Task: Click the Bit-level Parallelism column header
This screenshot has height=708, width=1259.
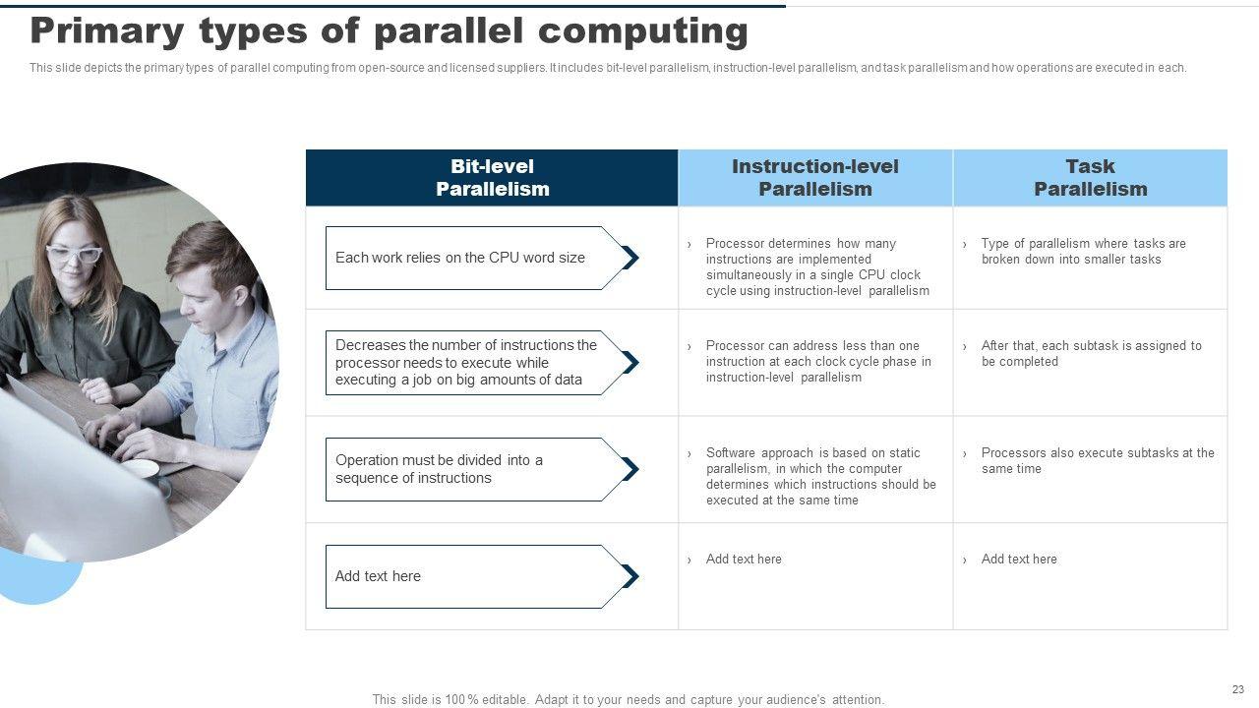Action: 492,178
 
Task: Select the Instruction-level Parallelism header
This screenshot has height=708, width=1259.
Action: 815,178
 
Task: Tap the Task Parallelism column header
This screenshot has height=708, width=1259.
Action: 1091,178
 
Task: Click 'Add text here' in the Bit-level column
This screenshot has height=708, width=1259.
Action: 378,576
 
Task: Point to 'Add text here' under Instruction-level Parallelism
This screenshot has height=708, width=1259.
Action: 744,560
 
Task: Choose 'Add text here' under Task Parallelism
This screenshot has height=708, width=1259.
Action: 1019,560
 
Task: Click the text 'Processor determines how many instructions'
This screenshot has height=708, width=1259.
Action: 817,266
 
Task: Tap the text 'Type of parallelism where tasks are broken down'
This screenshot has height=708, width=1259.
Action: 1083,251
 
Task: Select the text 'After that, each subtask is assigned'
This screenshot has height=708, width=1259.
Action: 1091,353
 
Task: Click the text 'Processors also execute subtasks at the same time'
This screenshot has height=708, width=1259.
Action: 1098,461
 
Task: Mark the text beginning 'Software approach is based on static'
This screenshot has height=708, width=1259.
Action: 821,477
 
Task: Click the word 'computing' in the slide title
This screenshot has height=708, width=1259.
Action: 643,32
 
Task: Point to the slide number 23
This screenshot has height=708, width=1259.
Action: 1238,689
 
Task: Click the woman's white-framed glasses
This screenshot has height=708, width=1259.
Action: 74,255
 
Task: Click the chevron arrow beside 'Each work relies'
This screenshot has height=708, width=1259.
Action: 630,258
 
